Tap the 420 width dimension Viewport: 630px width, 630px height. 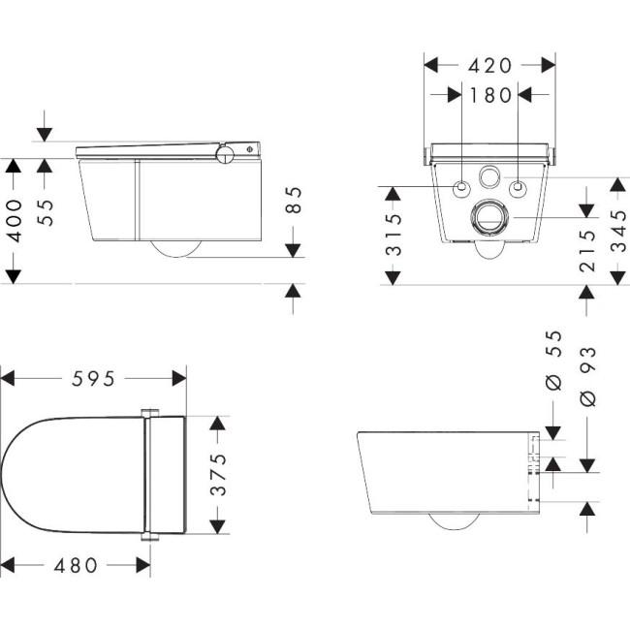[x=489, y=66]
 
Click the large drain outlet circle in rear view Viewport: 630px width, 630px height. [x=488, y=217]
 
